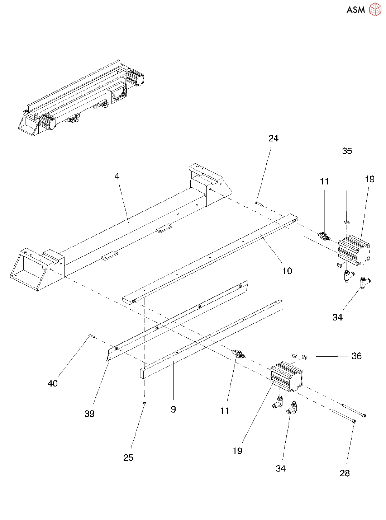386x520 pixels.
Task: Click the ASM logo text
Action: coord(356,10)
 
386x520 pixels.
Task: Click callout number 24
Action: coord(273,139)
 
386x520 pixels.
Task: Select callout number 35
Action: coord(347,151)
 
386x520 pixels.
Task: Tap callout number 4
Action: coord(117,176)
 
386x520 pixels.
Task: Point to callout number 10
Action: coord(287,271)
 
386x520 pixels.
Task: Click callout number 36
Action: coord(356,356)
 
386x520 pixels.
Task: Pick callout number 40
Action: coord(53,384)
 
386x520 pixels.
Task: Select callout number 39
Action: coord(90,414)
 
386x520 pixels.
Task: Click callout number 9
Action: coord(173,409)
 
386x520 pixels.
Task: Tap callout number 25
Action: coord(128,458)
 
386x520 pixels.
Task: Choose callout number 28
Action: coord(344,473)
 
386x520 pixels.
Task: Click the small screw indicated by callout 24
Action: coord(259,203)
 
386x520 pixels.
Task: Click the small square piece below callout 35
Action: coord(346,222)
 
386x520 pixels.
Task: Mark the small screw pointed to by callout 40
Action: coord(91,336)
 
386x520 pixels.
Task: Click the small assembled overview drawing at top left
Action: coord(81,98)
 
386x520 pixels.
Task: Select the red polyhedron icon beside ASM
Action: coord(375,10)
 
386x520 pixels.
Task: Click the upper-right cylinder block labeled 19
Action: coord(354,250)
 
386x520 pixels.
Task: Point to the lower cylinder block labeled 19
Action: coord(286,376)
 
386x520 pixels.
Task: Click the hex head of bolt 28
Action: coord(354,421)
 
